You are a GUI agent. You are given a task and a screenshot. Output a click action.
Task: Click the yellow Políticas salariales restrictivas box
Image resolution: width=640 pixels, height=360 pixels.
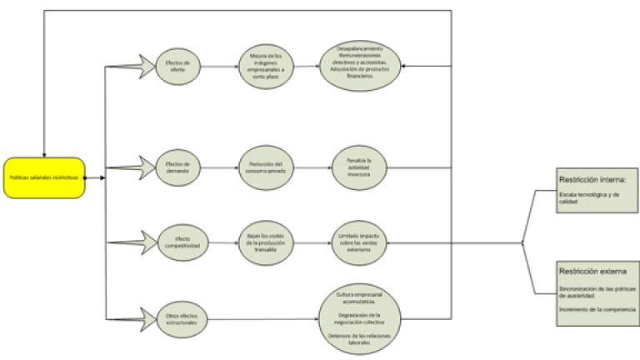(x=44, y=177)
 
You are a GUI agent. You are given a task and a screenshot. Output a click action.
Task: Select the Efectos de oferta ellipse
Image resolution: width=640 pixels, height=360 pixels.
(x=180, y=66)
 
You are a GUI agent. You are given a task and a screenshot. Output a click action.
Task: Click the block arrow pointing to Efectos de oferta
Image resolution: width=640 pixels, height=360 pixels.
(x=132, y=66)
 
